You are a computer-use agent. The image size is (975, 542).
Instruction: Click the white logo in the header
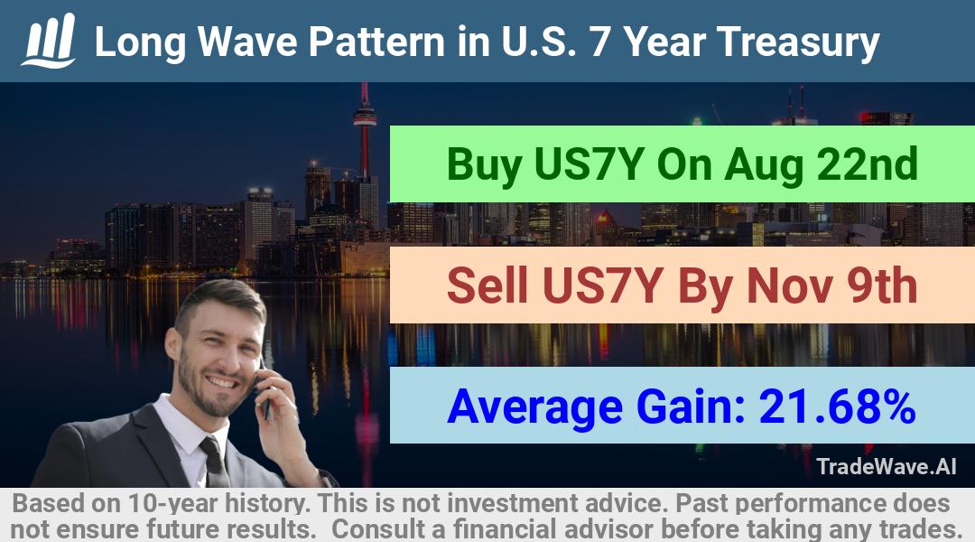(x=49, y=41)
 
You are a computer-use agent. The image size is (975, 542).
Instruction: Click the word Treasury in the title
(x=798, y=42)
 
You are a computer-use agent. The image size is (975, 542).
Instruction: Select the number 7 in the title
(x=599, y=42)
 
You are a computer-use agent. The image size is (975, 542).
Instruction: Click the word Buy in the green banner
(x=485, y=165)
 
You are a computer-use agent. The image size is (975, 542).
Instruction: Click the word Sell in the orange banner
(x=487, y=285)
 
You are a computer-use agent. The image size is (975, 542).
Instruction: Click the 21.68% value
(x=837, y=406)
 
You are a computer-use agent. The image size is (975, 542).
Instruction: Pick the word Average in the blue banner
(x=534, y=407)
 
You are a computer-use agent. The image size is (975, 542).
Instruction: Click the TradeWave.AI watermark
(x=887, y=467)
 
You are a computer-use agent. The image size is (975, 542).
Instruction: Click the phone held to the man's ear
(x=265, y=391)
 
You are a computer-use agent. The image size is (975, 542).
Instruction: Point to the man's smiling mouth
(x=221, y=380)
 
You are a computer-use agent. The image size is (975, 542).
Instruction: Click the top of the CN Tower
(x=365, y=87)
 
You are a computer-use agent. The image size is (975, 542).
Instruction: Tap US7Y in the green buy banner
(x=589, y=164)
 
